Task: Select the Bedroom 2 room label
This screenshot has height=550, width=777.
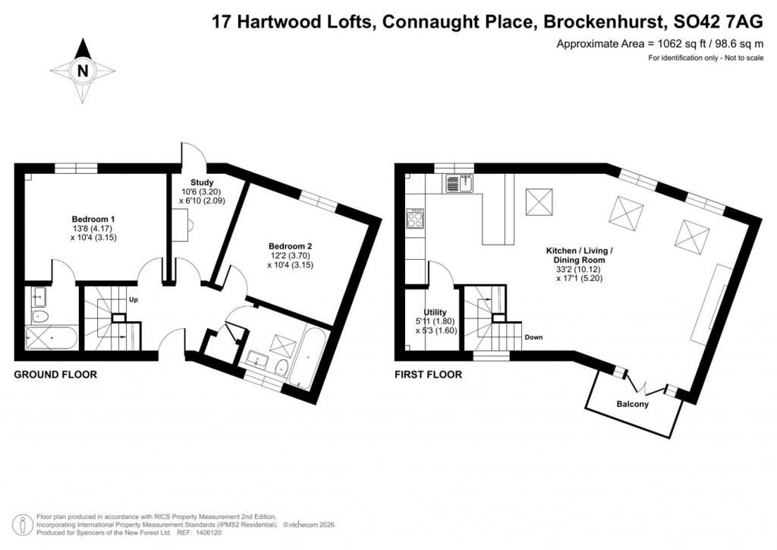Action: click(x=291, y=246)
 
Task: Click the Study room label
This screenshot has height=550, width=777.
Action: click(x=201, y=182)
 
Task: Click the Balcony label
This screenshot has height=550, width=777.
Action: click(x=631, y=404)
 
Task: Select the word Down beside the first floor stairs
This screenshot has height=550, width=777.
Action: click(x=533, y=337)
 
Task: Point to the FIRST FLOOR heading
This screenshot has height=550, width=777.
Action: click(x=428, y=375)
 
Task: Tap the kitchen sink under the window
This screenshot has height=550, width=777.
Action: click(x=458, y=182)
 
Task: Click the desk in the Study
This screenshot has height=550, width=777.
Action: click(x=182, y=223)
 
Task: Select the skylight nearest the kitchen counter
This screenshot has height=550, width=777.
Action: click(x=541, y=201)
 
